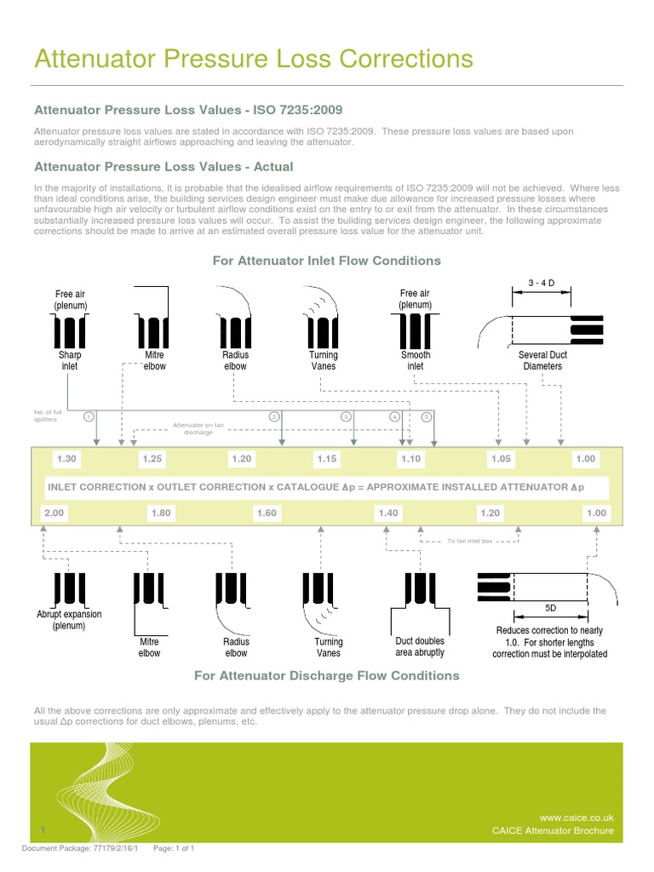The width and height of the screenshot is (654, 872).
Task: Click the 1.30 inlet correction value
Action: pyautogui.click(x=66, y=459)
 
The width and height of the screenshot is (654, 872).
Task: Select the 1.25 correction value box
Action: pyautogui.click(x=152, y=459)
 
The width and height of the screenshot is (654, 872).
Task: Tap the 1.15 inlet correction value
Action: pyautogui.click(x=328, y=459)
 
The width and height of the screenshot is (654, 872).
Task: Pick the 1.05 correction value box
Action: pyautogui.click(x=502, y=459)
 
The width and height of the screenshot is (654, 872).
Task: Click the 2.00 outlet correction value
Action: pyautogui.click(x=54, y=513)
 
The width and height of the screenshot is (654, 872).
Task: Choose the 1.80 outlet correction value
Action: pyautogui.click(x=160, y=513)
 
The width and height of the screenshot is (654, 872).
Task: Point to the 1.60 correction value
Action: pyautogui.click(x=267, y=513)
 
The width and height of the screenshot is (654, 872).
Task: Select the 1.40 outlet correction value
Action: pyautogui.click(x=387, y=513)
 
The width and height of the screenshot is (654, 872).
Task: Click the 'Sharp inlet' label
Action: pyautogui.click(x=69, y=360)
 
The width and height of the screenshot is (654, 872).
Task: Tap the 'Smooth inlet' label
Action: pyautogui.click(x=416, y=360)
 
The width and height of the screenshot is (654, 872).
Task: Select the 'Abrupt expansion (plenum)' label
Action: pyautogui.click(x=68, y=620)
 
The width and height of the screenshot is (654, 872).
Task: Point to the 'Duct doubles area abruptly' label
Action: pyautogui.click(x=420, y=646)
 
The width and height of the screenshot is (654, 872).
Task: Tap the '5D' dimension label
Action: pyautogui.click(x=550, y=609)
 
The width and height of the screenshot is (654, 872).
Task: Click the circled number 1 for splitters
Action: pyautogui.click(x=89, y=416)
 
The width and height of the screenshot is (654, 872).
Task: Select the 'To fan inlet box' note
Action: pyautogui.click(x=469, y=541)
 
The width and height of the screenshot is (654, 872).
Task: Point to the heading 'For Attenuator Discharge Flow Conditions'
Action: pyautogui.click(x=327, y=675)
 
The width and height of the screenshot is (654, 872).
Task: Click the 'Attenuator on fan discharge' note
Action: pyautogui.click(x=198, y=428)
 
